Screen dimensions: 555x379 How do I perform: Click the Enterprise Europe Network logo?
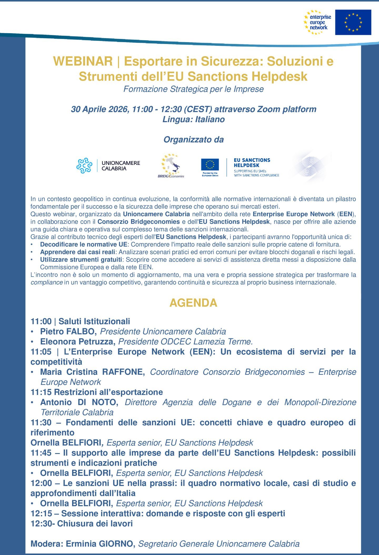[317, 22]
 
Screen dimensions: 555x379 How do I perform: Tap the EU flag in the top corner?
[353, 22]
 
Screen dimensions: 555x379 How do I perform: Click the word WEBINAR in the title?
[83, 61]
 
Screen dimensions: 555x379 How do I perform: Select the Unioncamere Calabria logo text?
[121, 166]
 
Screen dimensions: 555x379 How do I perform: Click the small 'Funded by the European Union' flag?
[210, 165]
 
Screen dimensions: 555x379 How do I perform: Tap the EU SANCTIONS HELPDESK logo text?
[252, 163]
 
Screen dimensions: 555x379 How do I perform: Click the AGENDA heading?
[193, 303]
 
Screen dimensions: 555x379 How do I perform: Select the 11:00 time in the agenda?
[41, 321]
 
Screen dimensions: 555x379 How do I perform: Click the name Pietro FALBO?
[68, 331]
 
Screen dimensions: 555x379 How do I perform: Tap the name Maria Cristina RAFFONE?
[92, 372]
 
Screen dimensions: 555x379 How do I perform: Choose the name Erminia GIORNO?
[100, 544]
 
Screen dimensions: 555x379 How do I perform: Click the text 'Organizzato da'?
[193, 140]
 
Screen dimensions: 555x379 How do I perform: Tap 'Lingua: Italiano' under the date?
[193, 120]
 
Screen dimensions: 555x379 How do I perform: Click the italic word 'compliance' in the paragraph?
[47, 283]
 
